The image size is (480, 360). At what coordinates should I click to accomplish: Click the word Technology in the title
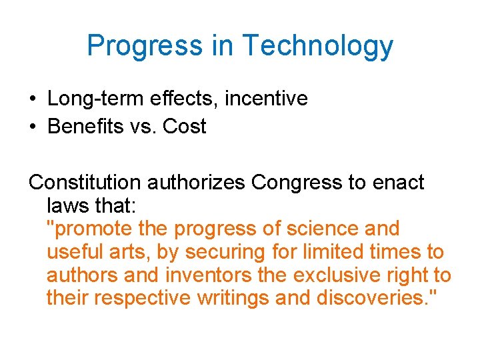pos(317,46)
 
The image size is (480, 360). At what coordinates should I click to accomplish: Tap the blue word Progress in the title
pos(145,46)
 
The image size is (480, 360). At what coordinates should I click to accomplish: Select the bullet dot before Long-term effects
pos(33,99)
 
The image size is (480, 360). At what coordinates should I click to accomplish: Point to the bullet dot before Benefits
pos(33,127)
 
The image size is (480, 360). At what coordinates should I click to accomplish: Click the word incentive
pos(266,99)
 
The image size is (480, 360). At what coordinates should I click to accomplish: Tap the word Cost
pos(185,126)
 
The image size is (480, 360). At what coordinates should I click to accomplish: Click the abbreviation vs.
pos(141,127)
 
